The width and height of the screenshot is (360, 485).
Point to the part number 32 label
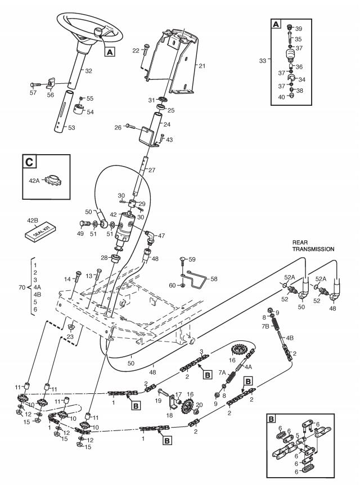(x=88, y=71)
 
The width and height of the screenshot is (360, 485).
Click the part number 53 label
(x=71, y=128)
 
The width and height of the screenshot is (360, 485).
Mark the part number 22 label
(x=136, y=51)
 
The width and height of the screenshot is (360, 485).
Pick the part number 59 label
(x=192, y=259)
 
